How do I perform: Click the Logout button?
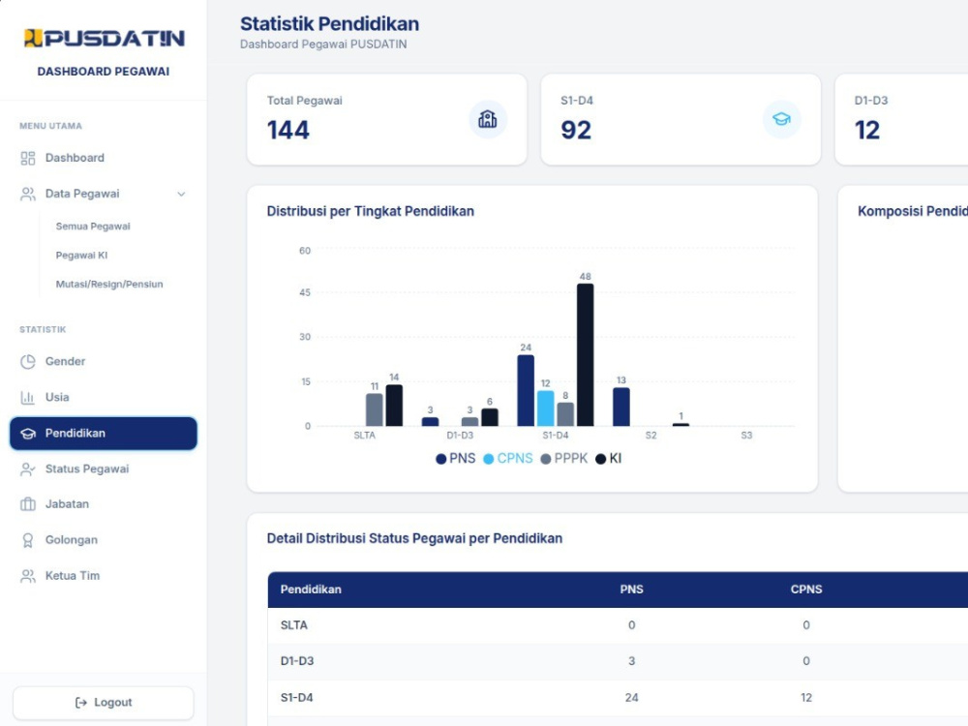(x=104, y=703)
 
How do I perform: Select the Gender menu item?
(x=65, y=361)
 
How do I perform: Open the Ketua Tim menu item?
(x=73, y=575)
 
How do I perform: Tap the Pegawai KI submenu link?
(x=81, y=255)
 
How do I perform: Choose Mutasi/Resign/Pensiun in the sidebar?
(x=109, y=284)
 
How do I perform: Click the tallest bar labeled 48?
(x=586, y=355)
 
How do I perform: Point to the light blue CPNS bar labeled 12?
(x=546, y=408)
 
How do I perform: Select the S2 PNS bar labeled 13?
(x=621, y=407)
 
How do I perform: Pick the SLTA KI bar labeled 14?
(x=394, y=406)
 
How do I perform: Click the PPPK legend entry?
(x=563, y=459)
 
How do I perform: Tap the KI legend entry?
(x=608, y=459)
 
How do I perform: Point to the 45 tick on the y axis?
(x=305, y=292)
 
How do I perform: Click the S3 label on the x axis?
(x=746, y=436)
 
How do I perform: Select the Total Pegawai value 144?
(x=288, y=131)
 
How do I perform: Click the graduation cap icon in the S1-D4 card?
(x=781, y=119)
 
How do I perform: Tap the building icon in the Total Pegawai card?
(x=488, y=119)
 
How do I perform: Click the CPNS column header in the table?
(x=806, y=590)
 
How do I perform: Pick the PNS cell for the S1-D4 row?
(x=631, y=698)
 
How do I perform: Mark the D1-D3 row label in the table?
(x=297, y=661)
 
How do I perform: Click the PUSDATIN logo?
(x=104, y=39)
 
